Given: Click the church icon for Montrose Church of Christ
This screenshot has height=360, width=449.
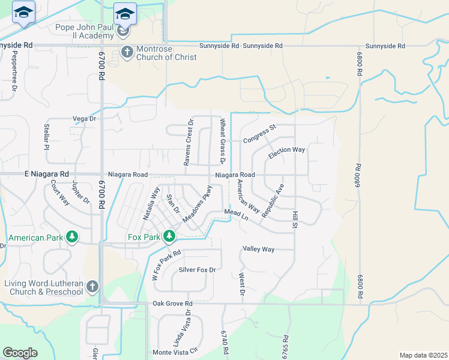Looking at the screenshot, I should pyautogui.click(x=127, y=52).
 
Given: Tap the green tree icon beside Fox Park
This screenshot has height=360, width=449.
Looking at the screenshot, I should pyautogui.click(x=169, y=237).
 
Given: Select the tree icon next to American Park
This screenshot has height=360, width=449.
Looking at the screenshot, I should pyautogui.click(x=72, y=238).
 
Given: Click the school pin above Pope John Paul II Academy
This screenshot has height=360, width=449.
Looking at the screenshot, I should pyautogui.click(x=125, y=13).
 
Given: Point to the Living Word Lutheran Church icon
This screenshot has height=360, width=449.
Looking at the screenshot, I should pyautogui.click(x=92, y=287).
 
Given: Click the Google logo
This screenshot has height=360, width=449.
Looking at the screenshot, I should pyautogui.click(x=20, y=353).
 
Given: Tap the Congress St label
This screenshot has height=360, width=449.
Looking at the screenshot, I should pyautogui.click(x=259, y=141).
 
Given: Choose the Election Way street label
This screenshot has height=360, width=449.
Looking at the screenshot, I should pyautogui.click(x=286, y=154).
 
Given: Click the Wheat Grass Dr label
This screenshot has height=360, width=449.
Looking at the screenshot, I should pyautogui.click(x=221, y=140).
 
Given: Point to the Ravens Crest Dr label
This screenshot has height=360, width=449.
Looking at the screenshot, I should pyautogui.click(x=189, y=143).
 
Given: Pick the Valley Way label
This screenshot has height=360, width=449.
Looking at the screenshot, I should pyautogui.click(x=258, y=249).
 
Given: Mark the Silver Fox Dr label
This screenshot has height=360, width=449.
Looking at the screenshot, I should pyautogui.click(x=196, y=270).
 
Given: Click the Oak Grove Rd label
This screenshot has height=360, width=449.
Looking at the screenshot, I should pyautogui.click(x=172, y=304).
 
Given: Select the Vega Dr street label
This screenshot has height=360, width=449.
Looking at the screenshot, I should pyautogui.click(x=83, y=119).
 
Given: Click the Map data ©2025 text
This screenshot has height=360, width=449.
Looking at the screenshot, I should pyautogui.click(x=423, y=355).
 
